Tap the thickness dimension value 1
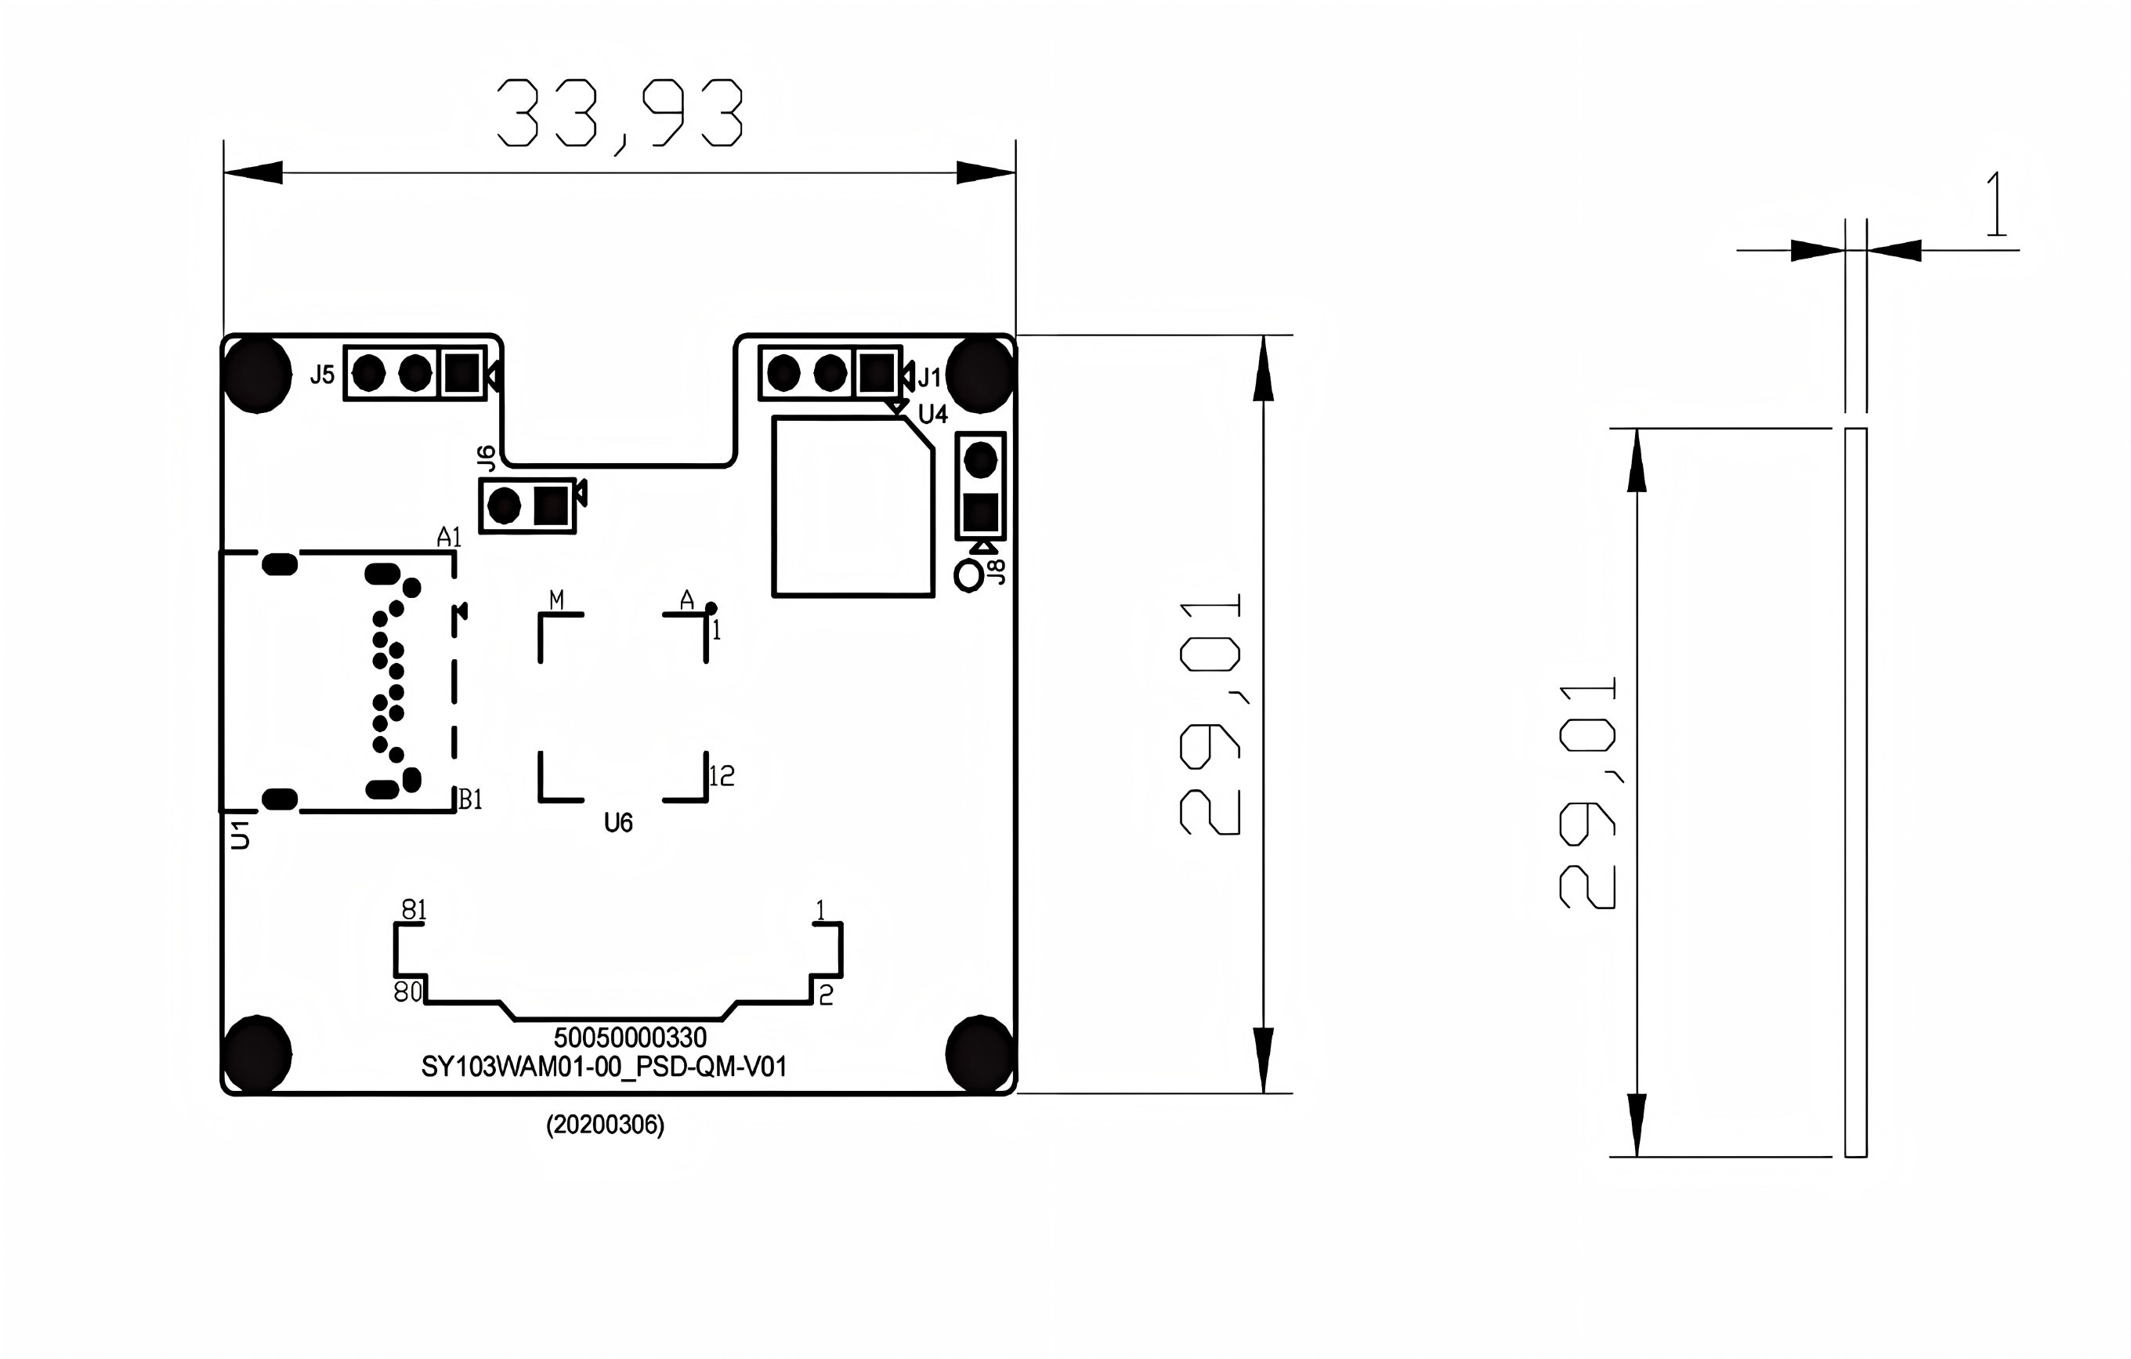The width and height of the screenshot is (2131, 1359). pyautogui.click(x=1996, y=205)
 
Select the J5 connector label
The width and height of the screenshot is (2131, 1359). pyautogui.click(x=322, y=375)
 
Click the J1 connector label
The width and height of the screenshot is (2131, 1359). pyautogui.click(x=929, y=378)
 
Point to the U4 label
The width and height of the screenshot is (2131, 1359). pyautogui.click(x=933, y=415)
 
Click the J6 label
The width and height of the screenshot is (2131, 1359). pyautogui.click(x=486, y=458)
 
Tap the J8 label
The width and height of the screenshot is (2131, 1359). pyautogui.click(x=996, y=572)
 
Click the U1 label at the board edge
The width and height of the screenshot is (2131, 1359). pyautogui.click(x=240, y=835)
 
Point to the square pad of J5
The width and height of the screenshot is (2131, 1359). pyautogui.click(x=462, y=374)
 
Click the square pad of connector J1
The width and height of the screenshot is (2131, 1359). pyautogui.click(x=877, y=374)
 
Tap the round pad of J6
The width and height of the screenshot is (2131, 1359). pyautogui.click(x=505, y=506)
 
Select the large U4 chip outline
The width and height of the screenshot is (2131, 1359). pyautogui.click(x=853, y=507)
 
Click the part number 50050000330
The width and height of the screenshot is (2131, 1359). pyautogui.click(x=630, y=1038)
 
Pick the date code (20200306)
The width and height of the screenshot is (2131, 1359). pyautogui.click(x=606, y=1125)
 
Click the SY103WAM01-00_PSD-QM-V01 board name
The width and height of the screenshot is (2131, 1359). pyautogui.click(x=603, y=1067)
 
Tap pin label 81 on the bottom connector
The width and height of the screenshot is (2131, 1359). pyautogui.click(x=414, y=909)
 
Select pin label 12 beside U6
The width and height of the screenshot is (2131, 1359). pyautogui.click(x=722, y=777)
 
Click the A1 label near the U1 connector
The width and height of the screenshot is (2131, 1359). pyautogui.click(x=450, y=537)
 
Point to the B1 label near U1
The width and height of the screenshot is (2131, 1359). pyautogui.click(x=470, y=799)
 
